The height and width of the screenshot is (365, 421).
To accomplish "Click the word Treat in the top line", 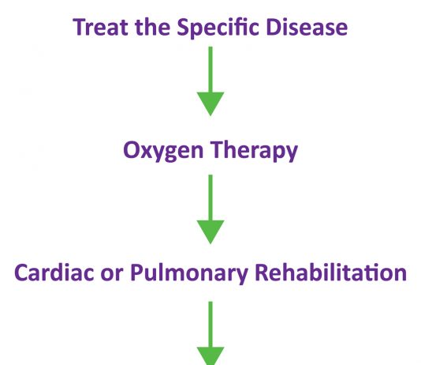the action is [x=100, y=27].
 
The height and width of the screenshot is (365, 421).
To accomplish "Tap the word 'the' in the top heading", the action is [x=152, y=27].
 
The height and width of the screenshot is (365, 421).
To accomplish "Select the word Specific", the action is [x=218, y=28].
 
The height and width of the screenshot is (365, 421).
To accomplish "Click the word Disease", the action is [x=307, y=27].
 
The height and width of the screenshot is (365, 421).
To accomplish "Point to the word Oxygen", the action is [x=163, y=151].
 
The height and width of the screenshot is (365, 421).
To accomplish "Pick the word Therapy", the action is [x=254, y=151].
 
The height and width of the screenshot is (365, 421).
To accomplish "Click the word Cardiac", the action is [x=54, y=273].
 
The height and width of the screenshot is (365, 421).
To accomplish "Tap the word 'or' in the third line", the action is [x=112, y=275].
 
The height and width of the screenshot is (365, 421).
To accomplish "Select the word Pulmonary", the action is [x=188, y=274].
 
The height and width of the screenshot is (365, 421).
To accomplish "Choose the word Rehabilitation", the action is [x=330, y=273].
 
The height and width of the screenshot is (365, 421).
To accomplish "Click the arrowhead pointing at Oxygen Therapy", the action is [x=210, y=103].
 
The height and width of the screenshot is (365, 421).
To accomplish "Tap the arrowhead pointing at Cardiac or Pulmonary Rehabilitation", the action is [x=210, y=232].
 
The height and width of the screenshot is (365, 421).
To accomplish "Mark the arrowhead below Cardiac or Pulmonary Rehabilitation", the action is [x=210, y=356].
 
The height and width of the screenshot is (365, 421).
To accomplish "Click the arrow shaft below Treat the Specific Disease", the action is [x=210, y=70].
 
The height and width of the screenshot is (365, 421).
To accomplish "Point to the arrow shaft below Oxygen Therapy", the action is [x=210, y=198].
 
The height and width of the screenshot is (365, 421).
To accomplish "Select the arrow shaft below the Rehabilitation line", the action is [x=210, y=325].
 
